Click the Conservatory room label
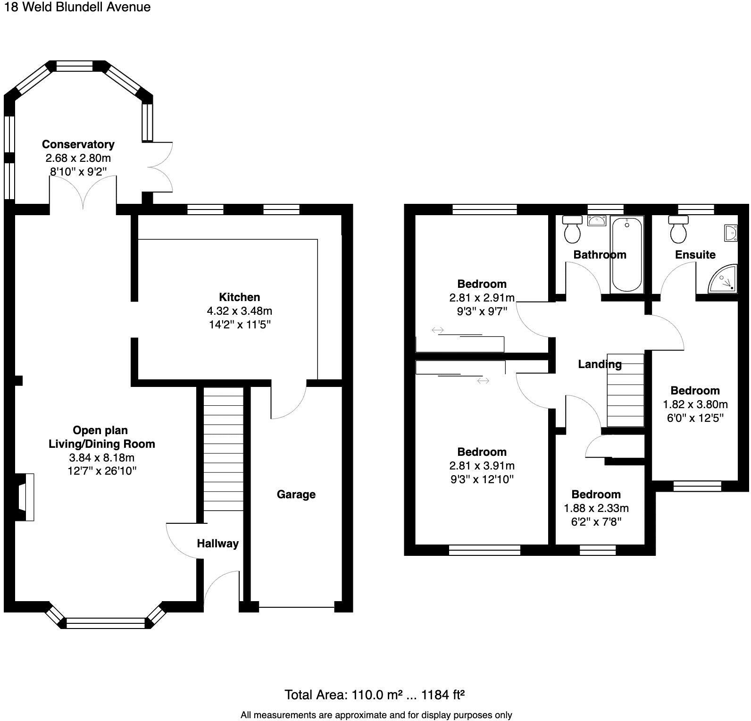[x=78, y=144]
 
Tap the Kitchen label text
[x=239, y=297]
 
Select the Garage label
[x=296, y=495]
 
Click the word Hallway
[x=217, y=544]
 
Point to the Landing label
[x=600, y=364]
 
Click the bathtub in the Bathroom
[x=627, y=254]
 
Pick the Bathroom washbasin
[x=597, y=220]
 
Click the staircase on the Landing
[x=626, y=390]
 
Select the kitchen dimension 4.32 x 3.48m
[x=239, y=311]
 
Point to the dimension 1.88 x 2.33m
[x=596, y=508]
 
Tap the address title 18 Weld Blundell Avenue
[x=77, y=7]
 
